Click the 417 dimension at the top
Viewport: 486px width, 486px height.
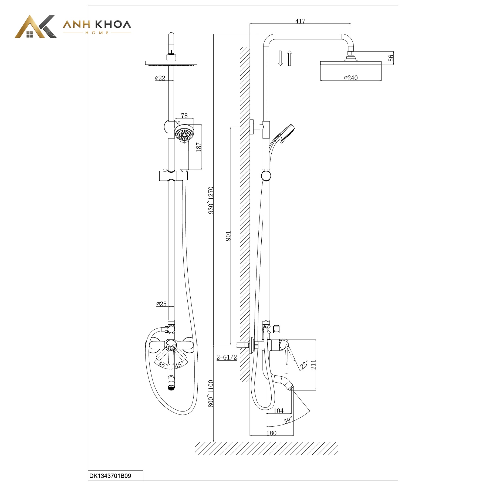pos(300,21)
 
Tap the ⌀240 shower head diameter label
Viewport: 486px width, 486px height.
pos(351,78)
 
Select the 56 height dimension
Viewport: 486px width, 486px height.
pos(391,58)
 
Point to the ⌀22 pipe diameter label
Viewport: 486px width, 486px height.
pos(160,78)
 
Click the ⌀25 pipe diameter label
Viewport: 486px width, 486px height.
pos(161,304)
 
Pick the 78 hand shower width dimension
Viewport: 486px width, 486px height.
pos(184,116)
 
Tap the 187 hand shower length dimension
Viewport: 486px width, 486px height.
pos(199,147)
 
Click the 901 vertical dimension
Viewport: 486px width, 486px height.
pos(228,236)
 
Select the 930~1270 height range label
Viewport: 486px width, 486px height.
pos(211,200)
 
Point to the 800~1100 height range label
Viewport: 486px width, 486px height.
pos(211,394)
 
